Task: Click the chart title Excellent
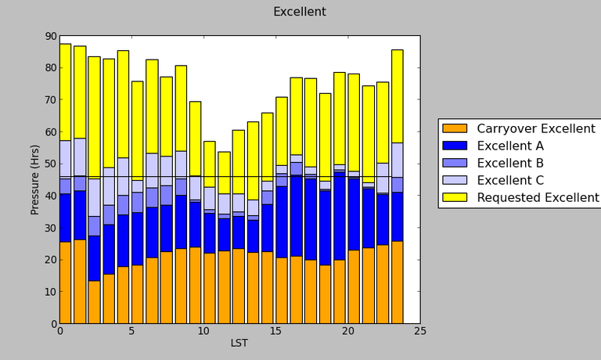click(x=299, y=12)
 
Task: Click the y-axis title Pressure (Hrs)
click(x=35, y=179)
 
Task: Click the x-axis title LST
click(x=239, y=343)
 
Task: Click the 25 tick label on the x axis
click(x=420, y=331)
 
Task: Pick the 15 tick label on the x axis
click(x=276, y=331)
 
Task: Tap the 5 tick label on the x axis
click(x=132, y=331)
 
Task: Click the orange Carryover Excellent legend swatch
click(x=454, y=128)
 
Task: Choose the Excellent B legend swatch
click(x=454, y=163)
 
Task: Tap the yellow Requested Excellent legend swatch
click(x=454, y=197)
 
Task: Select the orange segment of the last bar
click(x=397, y=283)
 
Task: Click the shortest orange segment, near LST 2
click(x=94, y=302)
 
